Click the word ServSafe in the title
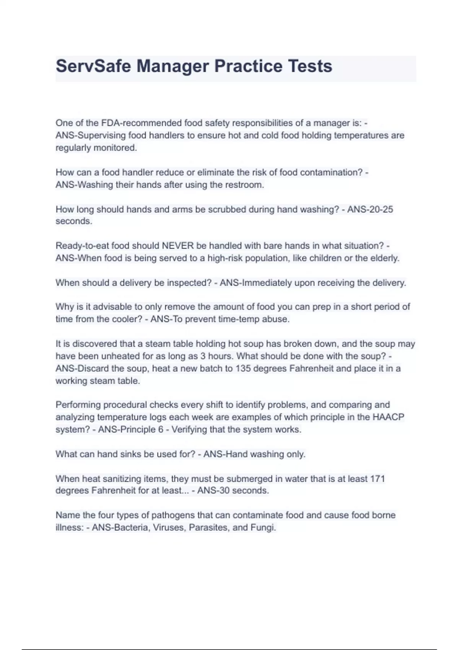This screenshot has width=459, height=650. click(94, 66)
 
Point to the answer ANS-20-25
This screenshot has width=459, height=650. click(370, 209)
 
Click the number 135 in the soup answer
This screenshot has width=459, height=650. click(243, 369)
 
